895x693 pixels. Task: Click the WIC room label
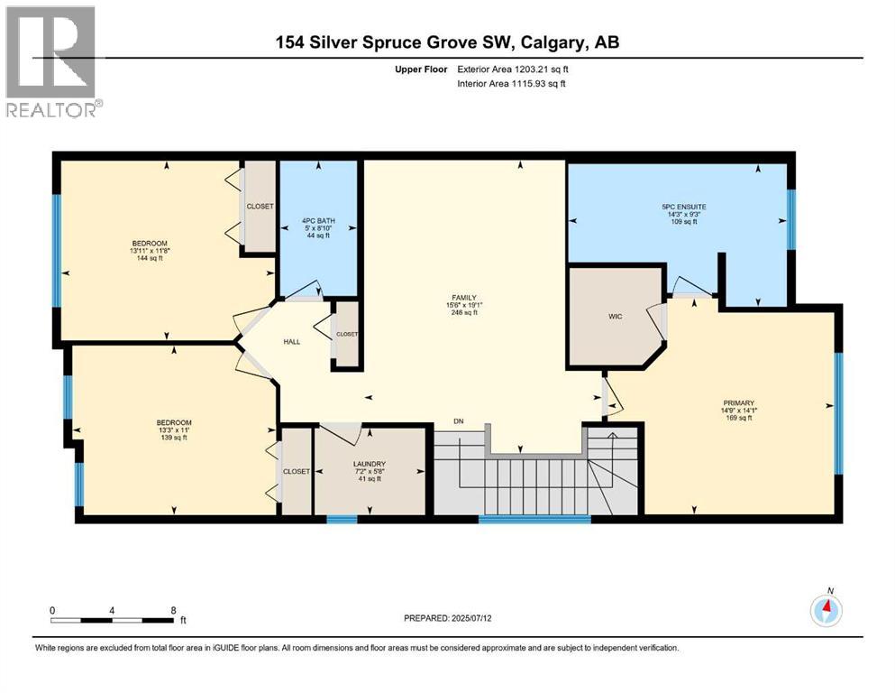coord(616,317)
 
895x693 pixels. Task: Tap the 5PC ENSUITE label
coord(683,207)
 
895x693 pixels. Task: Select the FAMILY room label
coord(464,297)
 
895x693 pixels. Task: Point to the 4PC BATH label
coord(319,220)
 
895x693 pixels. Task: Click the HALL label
coord(291,341)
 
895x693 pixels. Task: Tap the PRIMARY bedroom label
coord(740,403)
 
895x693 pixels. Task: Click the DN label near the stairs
coord(459,421)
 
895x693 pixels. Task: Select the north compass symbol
coord(826,610)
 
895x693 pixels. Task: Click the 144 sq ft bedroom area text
coord(149,257)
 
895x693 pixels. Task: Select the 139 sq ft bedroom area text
coord(174,437)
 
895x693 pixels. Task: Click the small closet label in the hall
coord(347,334)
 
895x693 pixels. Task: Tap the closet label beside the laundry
coord(297,472)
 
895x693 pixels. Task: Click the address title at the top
coord(447,42)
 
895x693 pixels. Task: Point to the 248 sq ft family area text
coord(464,313)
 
